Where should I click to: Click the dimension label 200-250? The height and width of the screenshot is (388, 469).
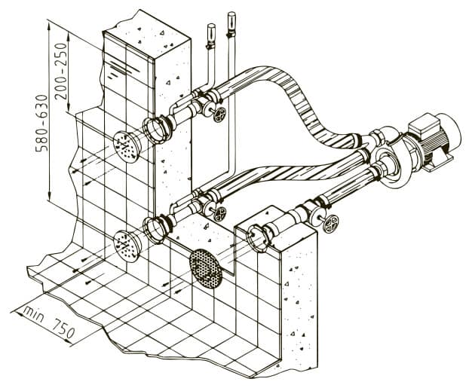point(61,71)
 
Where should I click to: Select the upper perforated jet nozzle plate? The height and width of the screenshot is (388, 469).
point(127,147)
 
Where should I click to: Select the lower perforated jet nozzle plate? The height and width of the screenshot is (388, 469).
point(127,246)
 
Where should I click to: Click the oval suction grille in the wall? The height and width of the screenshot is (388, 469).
point(206,268)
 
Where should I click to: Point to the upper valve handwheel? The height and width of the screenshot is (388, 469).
point(220,115)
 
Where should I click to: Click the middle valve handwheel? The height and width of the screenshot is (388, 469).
point(220,213)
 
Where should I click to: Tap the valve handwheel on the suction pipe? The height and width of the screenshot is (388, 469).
point(330,224)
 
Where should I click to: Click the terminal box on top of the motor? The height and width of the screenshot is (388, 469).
point(425,126)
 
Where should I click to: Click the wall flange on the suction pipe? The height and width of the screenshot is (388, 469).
point(258,238)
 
